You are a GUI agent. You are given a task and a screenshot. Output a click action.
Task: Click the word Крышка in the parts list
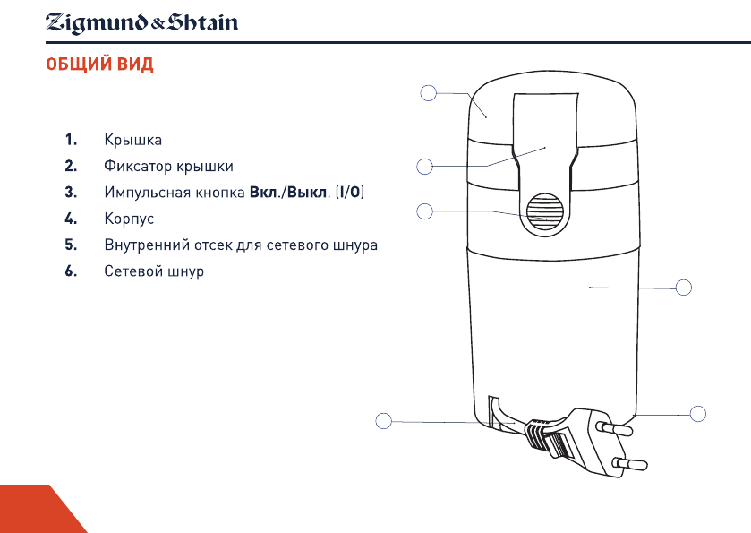(x=133, y=141)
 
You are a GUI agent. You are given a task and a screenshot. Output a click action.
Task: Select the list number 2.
(x=70, y=167)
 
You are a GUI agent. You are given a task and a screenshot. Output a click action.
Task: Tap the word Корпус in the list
(x=130, y=219)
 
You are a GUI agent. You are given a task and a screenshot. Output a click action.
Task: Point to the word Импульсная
(x=143, y=193)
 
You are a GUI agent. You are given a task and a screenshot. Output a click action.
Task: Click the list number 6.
(x=70, y=271)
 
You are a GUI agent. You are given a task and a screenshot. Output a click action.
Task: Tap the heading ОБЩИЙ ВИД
(x=100, y=65)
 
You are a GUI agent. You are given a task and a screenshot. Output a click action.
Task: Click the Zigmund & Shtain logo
(x=142, y=21)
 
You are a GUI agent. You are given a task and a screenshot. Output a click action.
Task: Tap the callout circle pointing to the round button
(x=425, y=211)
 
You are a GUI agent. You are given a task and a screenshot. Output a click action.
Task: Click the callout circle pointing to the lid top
(x=429, y=92)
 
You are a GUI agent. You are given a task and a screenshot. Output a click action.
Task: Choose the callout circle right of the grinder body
(x=685, y=288)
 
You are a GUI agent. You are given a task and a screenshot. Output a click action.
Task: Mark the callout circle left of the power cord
(x=383, y=421)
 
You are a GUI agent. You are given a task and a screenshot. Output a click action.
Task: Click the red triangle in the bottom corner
(x=36, y=512)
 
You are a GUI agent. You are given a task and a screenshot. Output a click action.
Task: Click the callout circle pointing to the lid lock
(x=425, y=165)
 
